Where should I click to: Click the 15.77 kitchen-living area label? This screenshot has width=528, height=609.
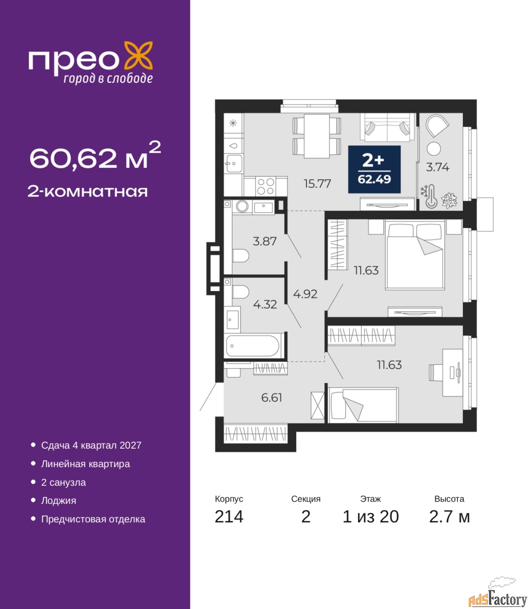click(317, 184)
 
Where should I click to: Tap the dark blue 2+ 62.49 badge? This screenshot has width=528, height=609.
click(374, 169)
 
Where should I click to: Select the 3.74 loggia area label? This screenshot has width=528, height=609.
click(438, 167)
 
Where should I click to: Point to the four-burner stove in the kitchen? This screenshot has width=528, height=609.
click(266, 186)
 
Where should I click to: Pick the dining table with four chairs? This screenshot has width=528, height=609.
click(317, 136)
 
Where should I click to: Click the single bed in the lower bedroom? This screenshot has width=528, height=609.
click(363, 405)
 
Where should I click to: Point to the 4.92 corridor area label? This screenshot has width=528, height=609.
click(305, 294)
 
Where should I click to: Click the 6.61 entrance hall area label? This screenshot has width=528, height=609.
click(271, 398)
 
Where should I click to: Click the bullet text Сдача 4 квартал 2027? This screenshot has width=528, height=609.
click(91, 445)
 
